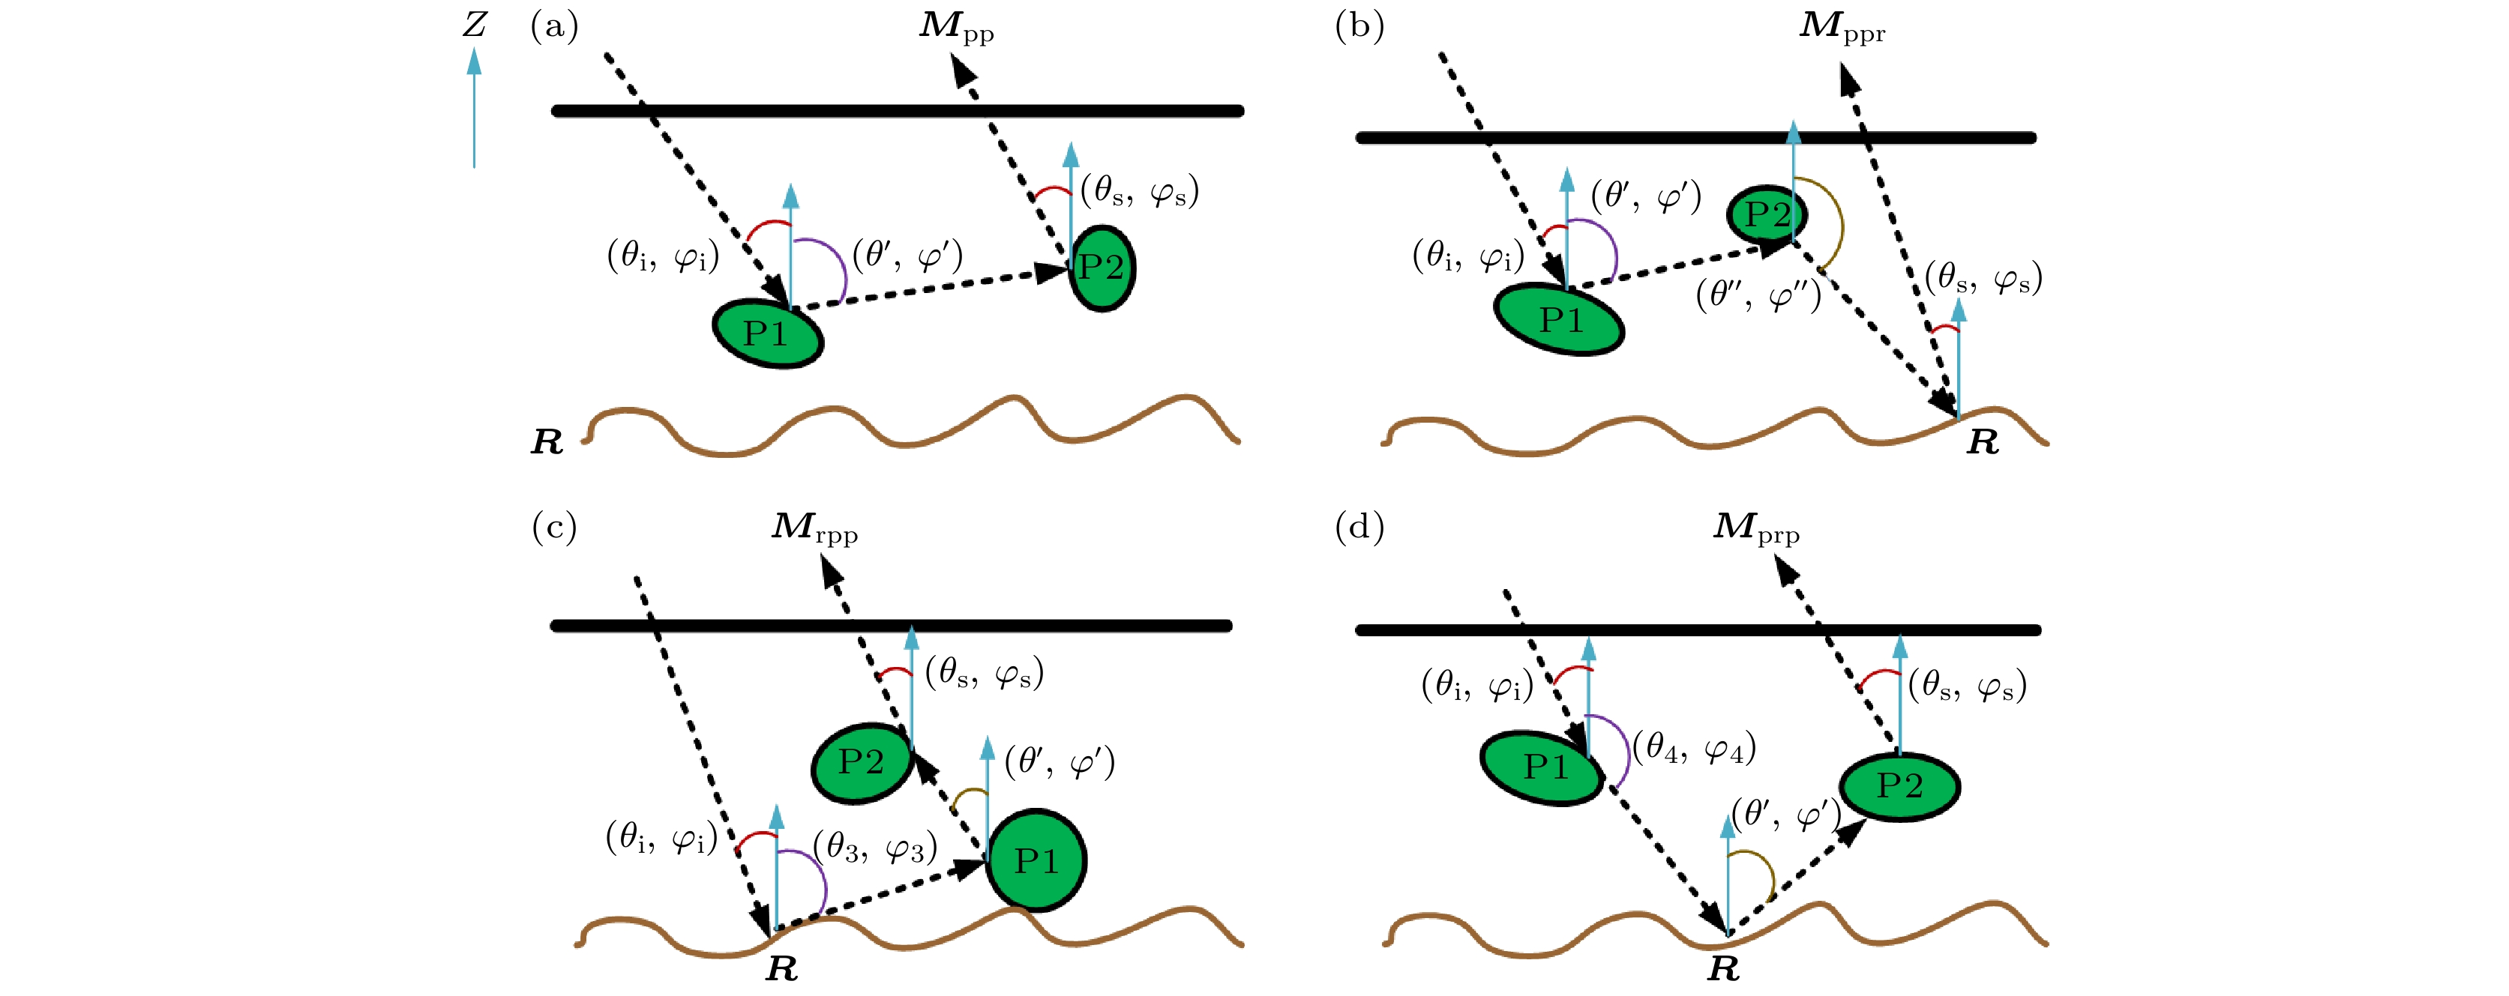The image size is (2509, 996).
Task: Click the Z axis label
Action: pos(475,24)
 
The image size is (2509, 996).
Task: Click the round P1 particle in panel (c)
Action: pos(1036,860)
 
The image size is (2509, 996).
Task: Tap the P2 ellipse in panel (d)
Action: pos(1899,785)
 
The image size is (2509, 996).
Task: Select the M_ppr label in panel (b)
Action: pos(1841,27)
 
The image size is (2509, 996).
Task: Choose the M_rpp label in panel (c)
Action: pos(814,528)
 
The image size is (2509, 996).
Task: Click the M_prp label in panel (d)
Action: pos(1756,528)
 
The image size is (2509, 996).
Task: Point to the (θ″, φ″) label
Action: pos(1758,294)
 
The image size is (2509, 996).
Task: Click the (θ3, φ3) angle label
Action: pos(874,848)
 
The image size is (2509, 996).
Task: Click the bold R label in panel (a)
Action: pos(547,442)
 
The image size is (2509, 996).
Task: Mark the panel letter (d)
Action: pos(1359,527)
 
